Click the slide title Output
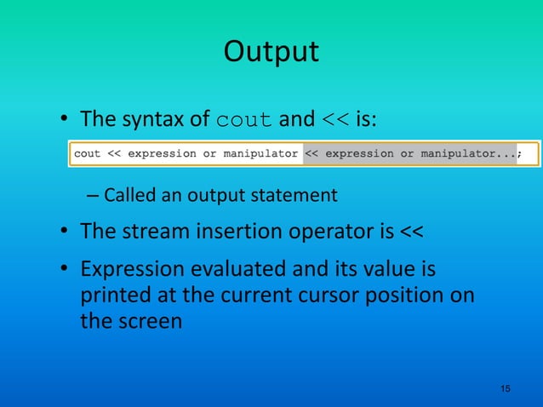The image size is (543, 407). click(x=271, y=52)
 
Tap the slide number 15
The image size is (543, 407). click(x=506, y=388)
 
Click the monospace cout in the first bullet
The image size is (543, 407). click(x=245, y=120)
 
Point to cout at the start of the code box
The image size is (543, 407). click(x=88, y=154)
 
